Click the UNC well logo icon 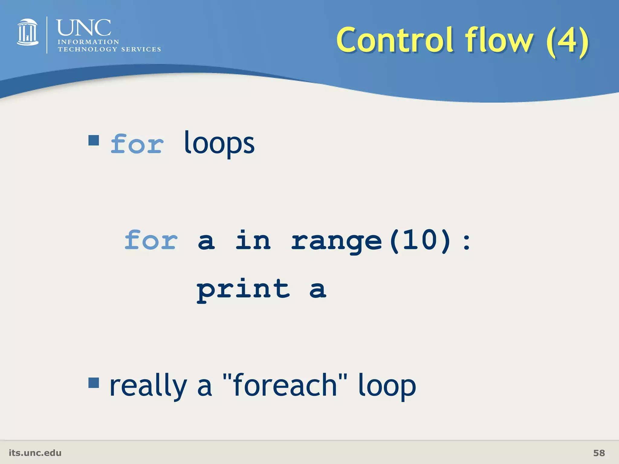(28, 32)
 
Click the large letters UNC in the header (84, 28)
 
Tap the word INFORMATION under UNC (88, 42)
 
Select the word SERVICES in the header (141, 49)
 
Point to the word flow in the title (499, 40)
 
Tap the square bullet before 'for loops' (94, 140)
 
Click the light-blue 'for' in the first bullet (137, 144)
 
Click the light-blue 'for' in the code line (151, 240)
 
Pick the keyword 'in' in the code (253, 240)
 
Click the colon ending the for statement (466, 242)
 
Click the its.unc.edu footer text (35, 453)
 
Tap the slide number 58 (599, 453)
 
